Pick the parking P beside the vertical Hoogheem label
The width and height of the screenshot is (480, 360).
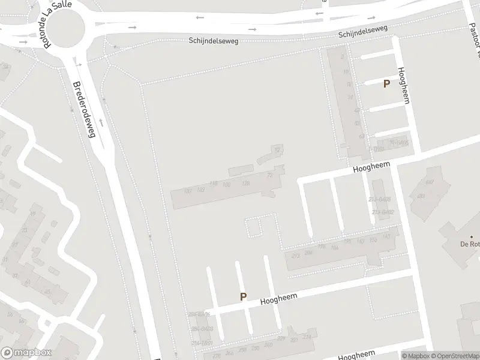(x=387, y=85)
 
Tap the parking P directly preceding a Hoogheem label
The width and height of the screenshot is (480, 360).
(x=243, y=296)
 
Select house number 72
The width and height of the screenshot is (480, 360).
(x=277, y=149)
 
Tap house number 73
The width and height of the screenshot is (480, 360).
(x=270, y=175)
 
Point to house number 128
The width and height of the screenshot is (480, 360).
(x=245, y=183)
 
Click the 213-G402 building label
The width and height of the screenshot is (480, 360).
(x=382, y=212)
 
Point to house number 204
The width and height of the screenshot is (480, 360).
(x=308, y=253)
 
